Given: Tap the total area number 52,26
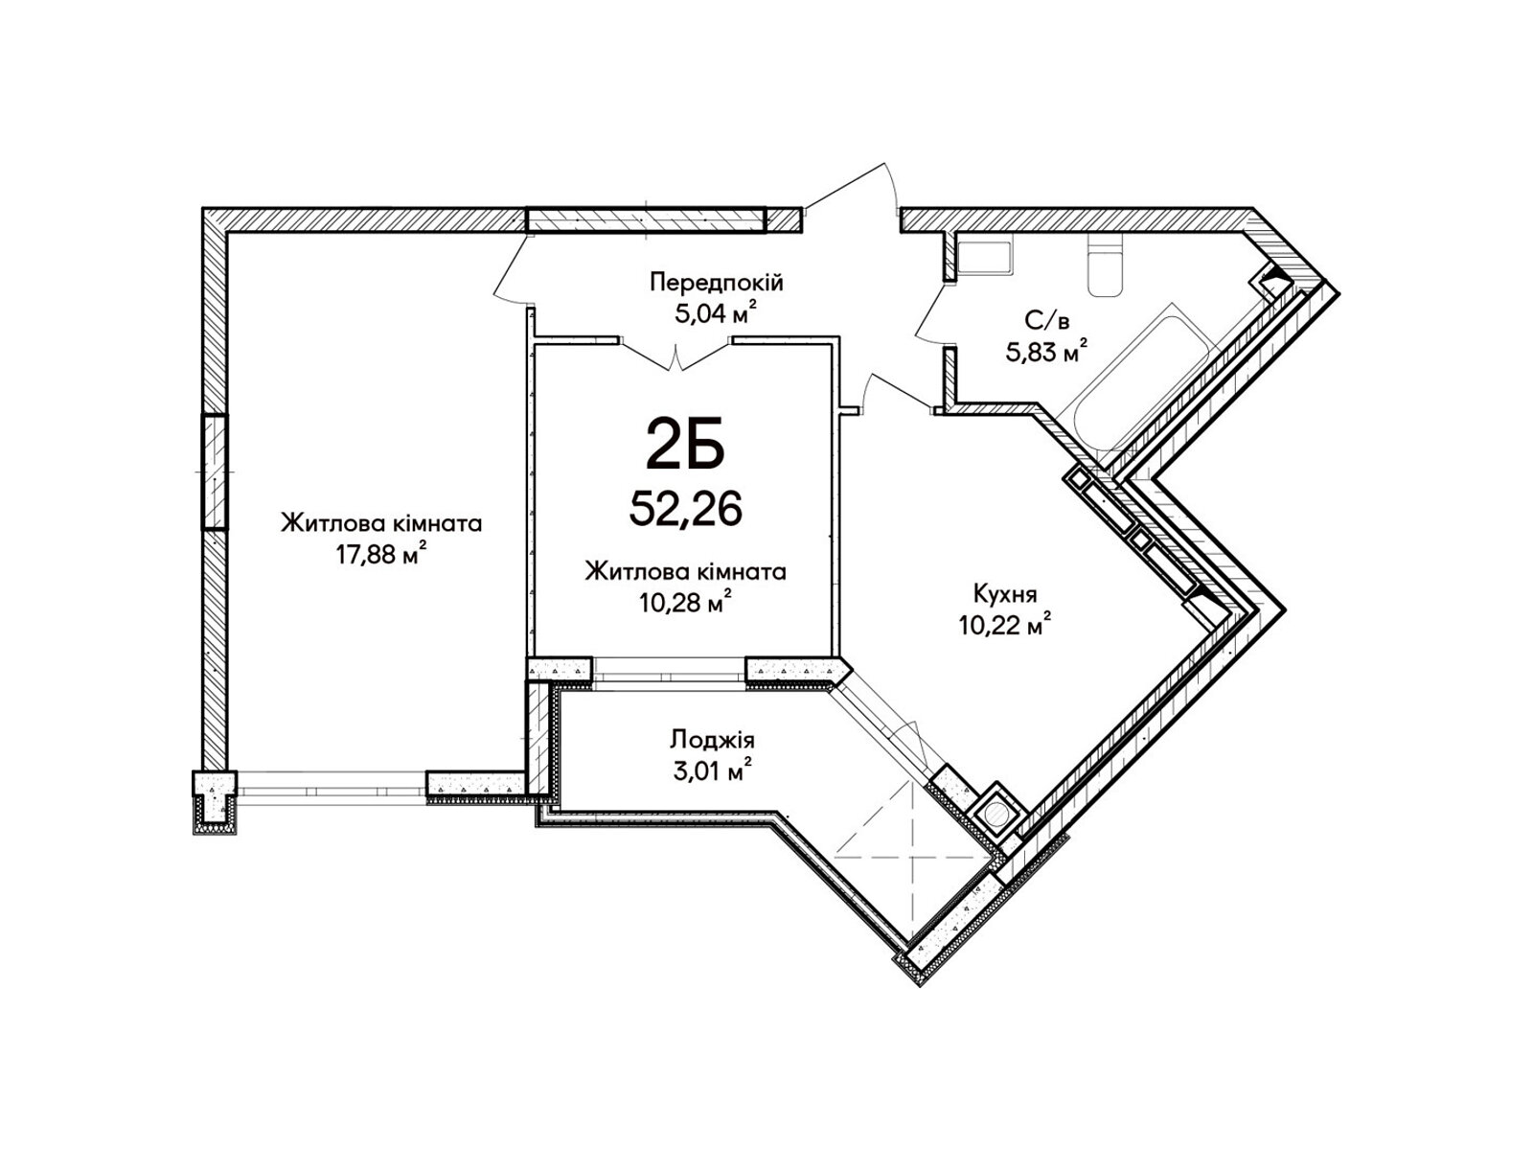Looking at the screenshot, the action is tap(684, 508).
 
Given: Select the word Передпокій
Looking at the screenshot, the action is tap(716, 283).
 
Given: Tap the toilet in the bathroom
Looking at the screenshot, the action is tap(1105, 264).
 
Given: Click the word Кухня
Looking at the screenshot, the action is tap(1006, 594).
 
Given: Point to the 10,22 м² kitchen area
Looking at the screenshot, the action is tap(1006, 625).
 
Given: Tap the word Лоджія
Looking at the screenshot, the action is tap(713, 739).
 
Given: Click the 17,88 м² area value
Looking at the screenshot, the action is tap(381, 554).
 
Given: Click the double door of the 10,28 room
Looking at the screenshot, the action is tap(676, 354).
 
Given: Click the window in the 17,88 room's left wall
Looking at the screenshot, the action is tap(215, 471).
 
